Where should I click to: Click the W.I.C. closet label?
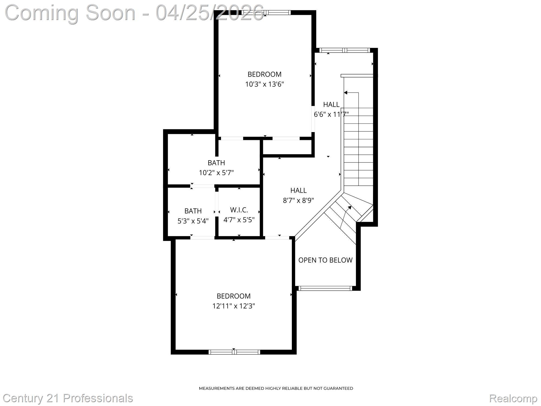click(x=239, y=210)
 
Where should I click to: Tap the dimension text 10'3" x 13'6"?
click(x=264, y=84)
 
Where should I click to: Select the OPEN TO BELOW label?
click(x=325, y=260)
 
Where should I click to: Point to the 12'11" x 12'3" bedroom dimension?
click(x=233, y=306)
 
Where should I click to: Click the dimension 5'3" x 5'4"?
click(x=193, y=221)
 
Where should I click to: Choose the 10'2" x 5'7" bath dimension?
click(x=216, y=173)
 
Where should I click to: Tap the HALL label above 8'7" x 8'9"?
click(x=298, y=191)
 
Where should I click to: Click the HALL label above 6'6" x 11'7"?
click(x=331, y=104)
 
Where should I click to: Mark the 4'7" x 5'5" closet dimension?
click(x=239, y=220)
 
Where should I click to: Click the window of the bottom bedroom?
click(x=234, y=352)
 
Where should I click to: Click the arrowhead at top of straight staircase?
click(x=345, y=93)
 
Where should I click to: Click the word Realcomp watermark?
click(x=513, y=398)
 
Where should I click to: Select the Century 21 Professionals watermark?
click(x=68, y=398)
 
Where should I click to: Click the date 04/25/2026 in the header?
click(x=210, y=12)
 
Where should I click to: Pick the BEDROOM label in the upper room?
click(x=264, y=74)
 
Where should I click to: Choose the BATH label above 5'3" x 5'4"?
click(x=193, y=211)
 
